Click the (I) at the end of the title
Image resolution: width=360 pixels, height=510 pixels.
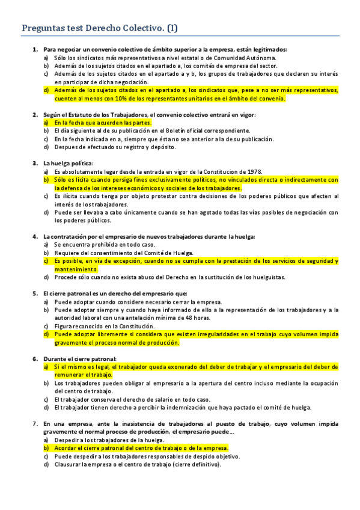click(171, 27)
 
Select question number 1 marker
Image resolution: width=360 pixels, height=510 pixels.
click(35, 49)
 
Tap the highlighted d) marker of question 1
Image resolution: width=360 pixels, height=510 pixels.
click(46, 90)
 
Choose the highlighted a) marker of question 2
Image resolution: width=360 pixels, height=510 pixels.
click(46, 122)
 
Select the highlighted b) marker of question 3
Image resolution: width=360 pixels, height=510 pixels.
click(46, 179)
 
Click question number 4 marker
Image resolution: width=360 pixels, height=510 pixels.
click(35, 236)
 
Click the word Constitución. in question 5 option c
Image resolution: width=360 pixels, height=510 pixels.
click(129, 326)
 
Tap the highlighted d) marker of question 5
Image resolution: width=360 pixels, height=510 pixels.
click(46, 334)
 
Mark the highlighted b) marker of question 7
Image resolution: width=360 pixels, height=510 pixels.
click(46, 448)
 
